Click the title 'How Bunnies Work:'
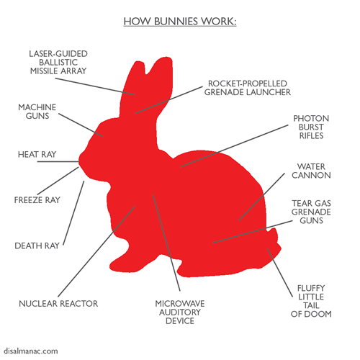click(x=179, y=19)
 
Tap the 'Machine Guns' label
click(x=37, y=112)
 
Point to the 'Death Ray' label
click(x=37, y=246)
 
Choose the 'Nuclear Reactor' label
click(x=58, y=303)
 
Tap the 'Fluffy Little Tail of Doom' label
click(x=311, y=302)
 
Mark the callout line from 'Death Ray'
click(x=75, y=213)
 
